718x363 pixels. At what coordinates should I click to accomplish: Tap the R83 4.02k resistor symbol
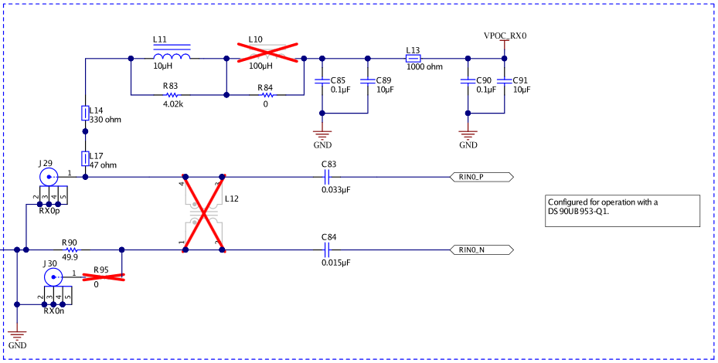pyautogui.click(x=172, y=95)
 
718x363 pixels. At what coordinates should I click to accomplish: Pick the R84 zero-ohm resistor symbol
pyautogui.click(x=267, y=95)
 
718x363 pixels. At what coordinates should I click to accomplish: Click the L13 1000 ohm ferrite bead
pyautogui.click(x=413, y=58)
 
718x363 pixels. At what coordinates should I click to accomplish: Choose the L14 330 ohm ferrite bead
pyautogui.click(x=85, y=114)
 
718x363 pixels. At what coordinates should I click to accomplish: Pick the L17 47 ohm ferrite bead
pyautogui.click(x=85, y=158)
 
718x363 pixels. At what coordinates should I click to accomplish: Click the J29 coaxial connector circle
pyautogui.click(x=49, y=177)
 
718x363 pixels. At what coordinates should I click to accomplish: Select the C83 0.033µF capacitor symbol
pyautogui.click(x=327, y=177)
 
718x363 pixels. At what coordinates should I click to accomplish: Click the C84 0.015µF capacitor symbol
pyautogui.click(x=327, y=250)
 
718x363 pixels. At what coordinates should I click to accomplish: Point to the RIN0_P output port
pyautogui.click(x=480, y=177)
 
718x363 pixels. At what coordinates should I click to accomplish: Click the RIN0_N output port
pyautogui.click(x=480, y=250)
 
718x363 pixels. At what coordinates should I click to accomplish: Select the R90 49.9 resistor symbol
pyautogui.click(x=71, y=250)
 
